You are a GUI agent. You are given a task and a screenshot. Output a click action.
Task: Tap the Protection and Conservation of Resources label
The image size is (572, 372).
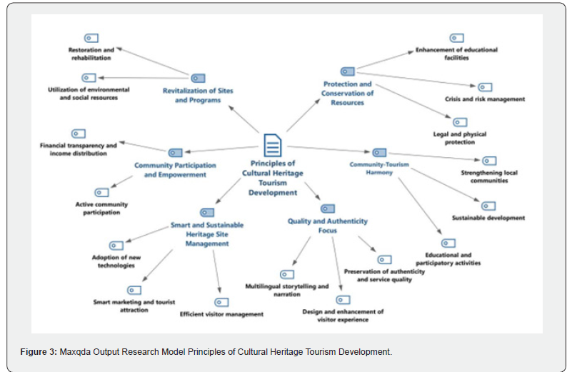coord(348,94)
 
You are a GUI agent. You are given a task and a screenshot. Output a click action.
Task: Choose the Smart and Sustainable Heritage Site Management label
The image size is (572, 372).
coord(206,234)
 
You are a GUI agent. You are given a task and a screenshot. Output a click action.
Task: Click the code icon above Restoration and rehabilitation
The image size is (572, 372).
coord(91,38)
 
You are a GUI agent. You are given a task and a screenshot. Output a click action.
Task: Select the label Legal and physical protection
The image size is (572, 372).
coord(459,139)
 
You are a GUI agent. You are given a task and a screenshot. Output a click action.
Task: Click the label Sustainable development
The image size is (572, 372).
coord(488,218)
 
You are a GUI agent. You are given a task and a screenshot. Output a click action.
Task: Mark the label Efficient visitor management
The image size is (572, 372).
coord(221,313)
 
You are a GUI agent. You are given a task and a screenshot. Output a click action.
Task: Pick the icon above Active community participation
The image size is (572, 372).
coord(102,192)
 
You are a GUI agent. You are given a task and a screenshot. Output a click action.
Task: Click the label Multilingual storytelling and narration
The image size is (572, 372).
coord(286,290)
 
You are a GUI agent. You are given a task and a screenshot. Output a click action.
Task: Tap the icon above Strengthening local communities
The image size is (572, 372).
coord(489,161)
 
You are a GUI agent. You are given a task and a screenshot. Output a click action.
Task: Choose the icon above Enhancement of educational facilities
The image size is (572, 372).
coord(456,38)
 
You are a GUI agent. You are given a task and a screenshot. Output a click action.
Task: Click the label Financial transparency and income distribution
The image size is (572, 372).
coord(78,149)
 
